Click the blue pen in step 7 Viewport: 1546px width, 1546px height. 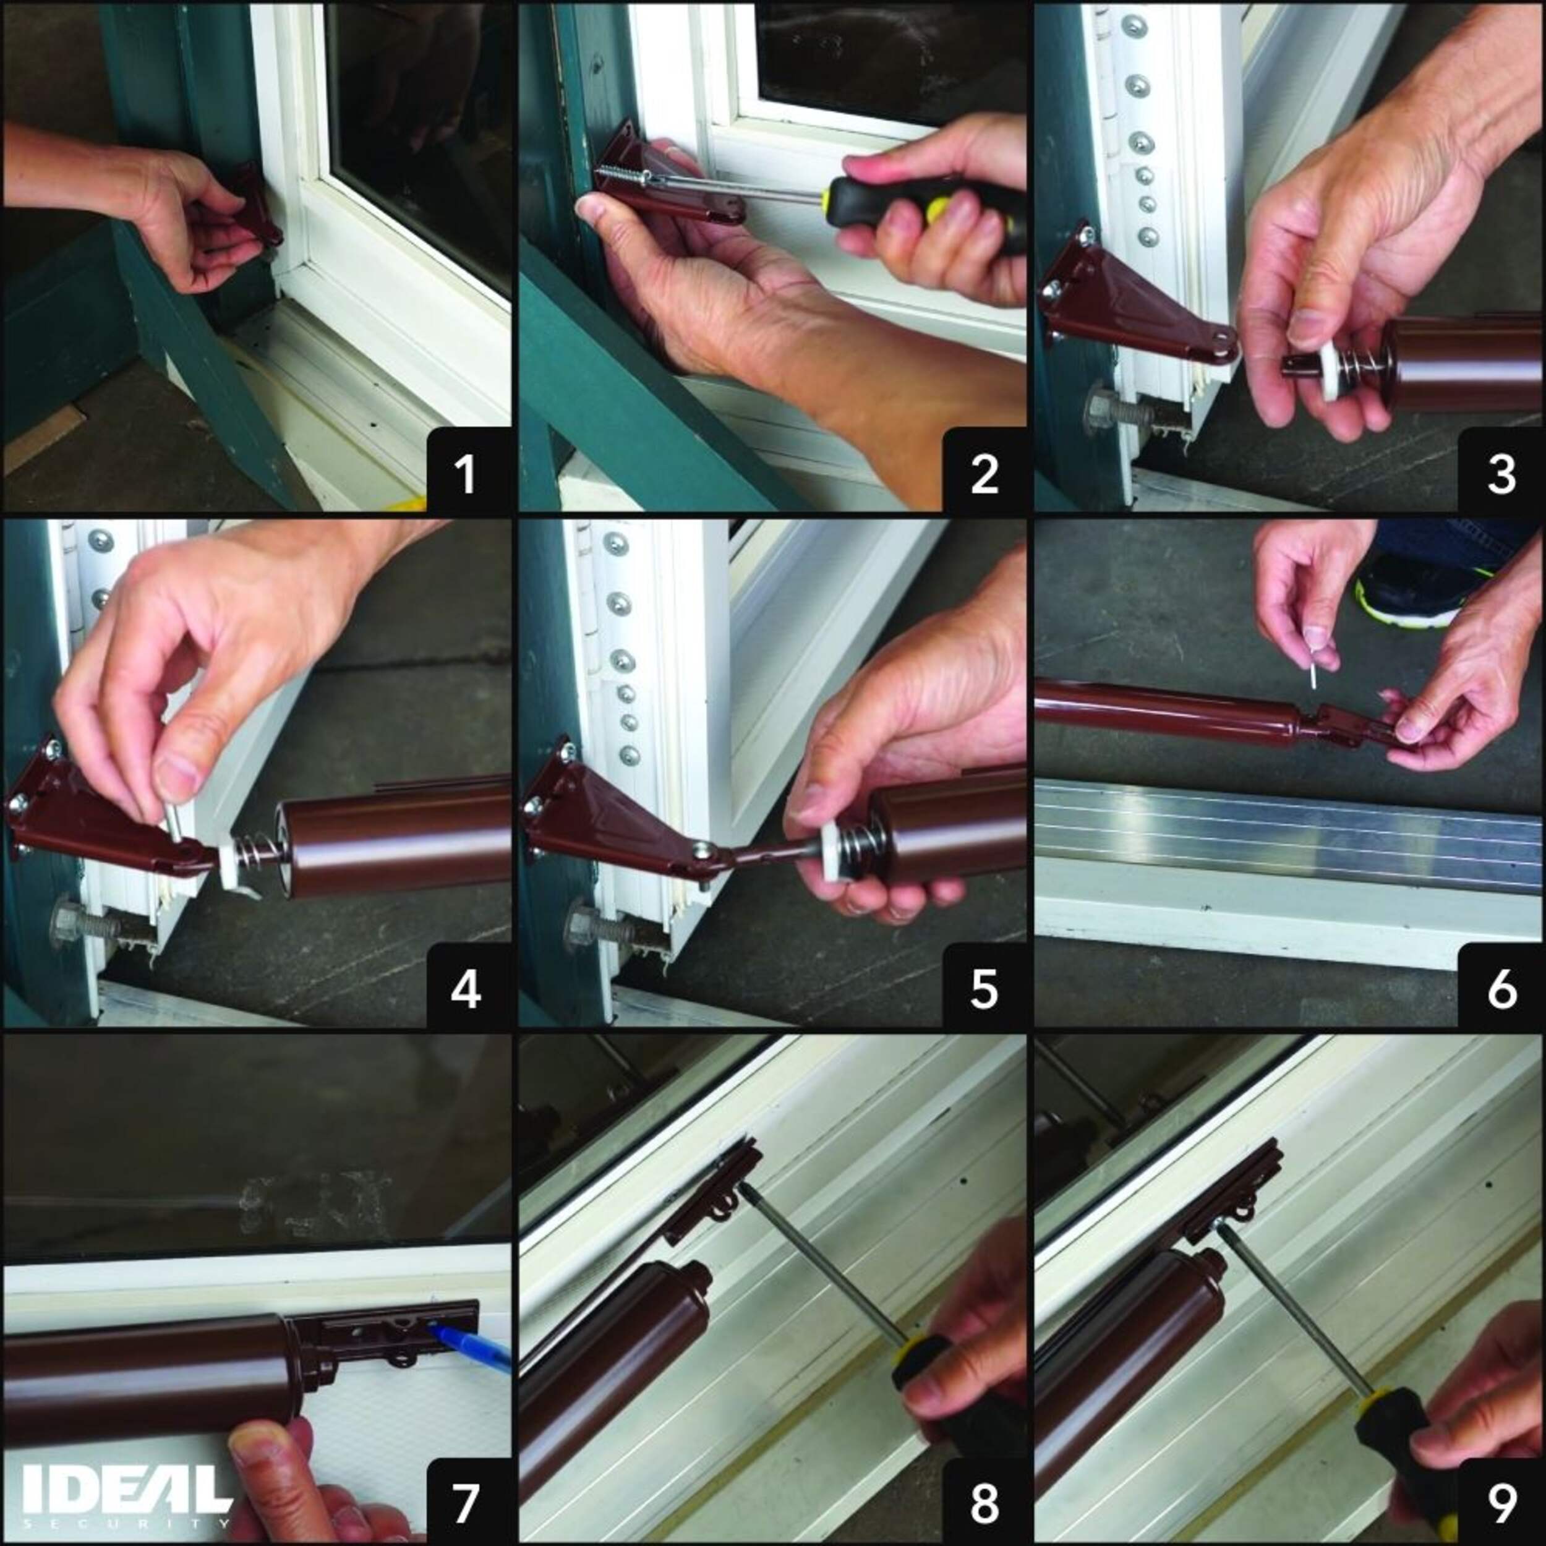(471, 1347)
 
